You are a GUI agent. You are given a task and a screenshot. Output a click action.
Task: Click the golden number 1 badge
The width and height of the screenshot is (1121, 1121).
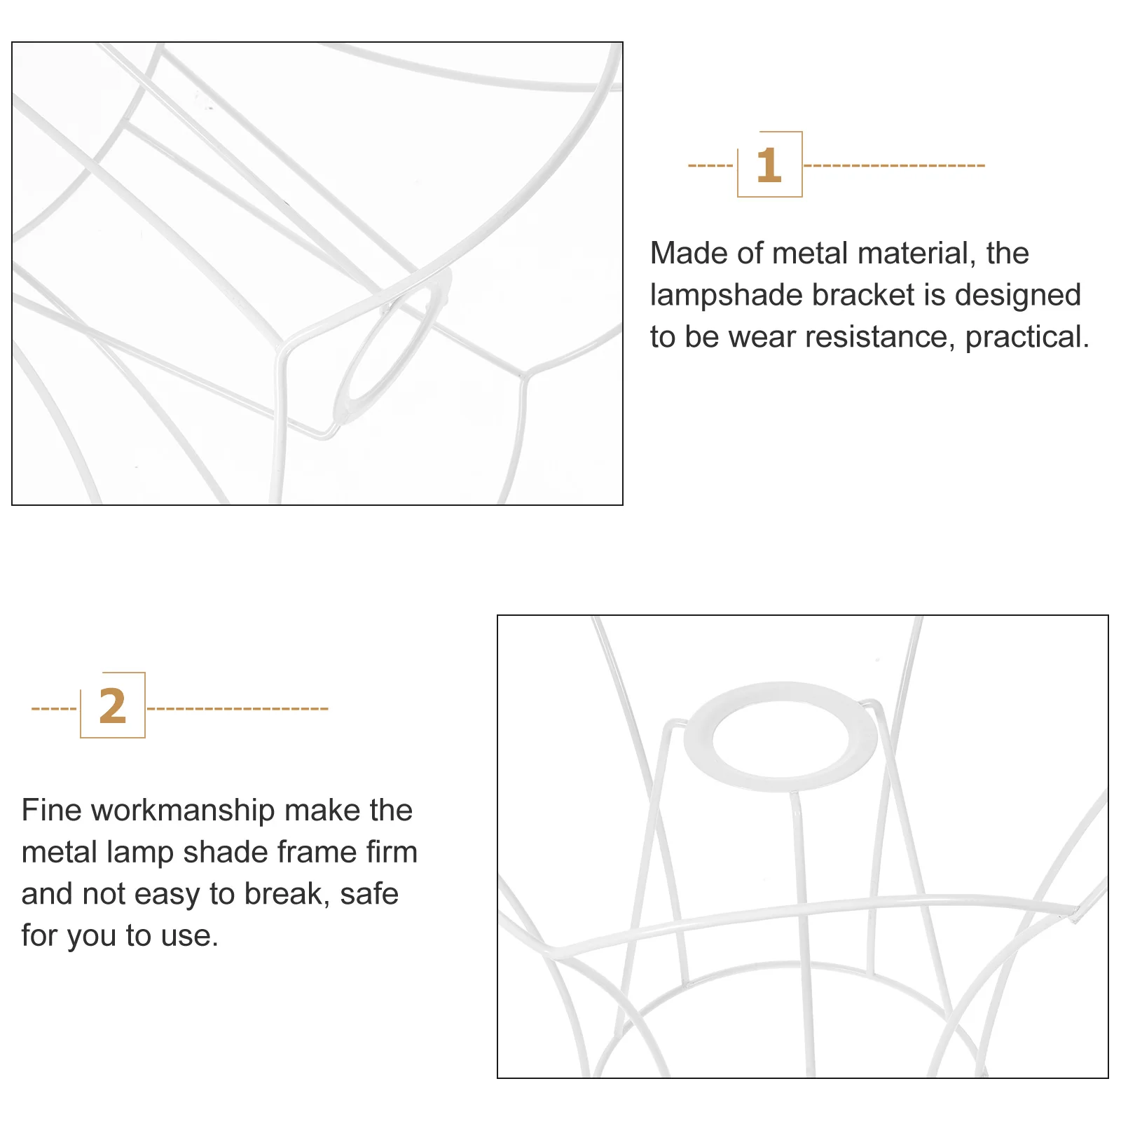click(769, 165)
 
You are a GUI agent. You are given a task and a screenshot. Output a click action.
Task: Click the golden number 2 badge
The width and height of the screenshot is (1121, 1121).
click(113, 706)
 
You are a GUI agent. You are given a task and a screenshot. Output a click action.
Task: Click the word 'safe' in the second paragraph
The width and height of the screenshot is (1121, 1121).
click(369, 894)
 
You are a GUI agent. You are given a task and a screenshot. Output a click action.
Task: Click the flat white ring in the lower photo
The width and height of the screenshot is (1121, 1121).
click(780, 774)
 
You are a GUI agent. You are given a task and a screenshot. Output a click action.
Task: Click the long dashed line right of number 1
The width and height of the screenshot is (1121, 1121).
click(894, 165)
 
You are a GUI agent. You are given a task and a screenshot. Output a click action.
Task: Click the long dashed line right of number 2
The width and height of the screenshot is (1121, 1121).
click(238, 708)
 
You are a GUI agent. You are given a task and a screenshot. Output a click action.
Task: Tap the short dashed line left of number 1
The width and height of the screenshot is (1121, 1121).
click(711, 165)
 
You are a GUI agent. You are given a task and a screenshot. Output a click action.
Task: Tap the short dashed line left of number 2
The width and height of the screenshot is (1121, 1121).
click(54, 708)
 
